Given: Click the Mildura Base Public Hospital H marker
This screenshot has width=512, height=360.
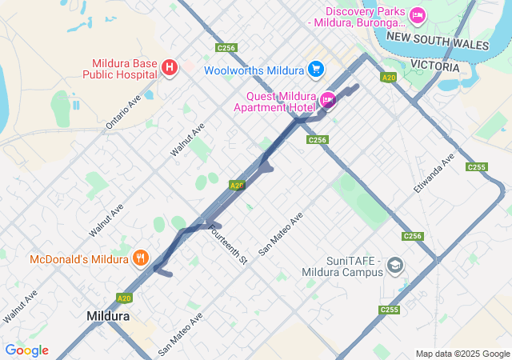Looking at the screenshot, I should (169, 69).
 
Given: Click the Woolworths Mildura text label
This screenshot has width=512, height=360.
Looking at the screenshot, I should (254, 70).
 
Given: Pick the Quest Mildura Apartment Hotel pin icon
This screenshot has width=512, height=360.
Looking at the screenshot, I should (327, 100).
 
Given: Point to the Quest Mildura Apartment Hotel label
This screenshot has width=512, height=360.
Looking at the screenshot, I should (275, 101).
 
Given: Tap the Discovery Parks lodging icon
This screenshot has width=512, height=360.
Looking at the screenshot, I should (417, 16).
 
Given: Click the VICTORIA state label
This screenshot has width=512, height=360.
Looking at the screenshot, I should (435, 65).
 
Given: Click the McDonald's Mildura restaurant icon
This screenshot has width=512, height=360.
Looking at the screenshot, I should (141, 258).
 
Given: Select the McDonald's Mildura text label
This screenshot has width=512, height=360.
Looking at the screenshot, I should (79, 259).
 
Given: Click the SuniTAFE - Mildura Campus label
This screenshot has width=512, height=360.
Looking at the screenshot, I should (343, 267).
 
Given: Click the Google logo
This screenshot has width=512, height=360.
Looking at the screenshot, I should (26, 350).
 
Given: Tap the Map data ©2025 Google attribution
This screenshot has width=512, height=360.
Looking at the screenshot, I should (462, 354).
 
